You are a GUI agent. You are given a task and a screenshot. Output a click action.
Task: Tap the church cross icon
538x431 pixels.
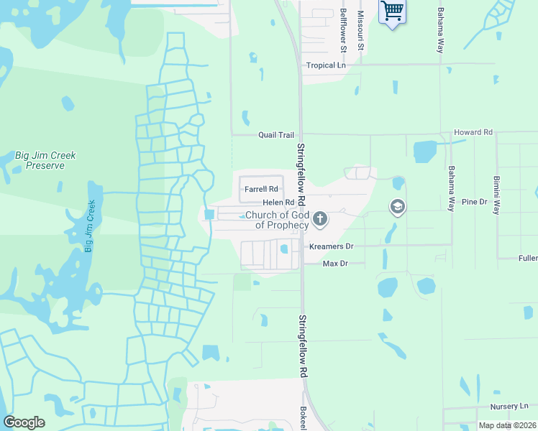coord(320,218)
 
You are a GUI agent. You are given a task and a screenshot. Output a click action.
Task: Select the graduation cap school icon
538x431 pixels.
coord(396,208)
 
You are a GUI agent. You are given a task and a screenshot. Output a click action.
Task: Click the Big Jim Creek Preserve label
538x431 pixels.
coord(45,160)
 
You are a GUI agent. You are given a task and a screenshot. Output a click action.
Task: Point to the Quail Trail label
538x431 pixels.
coord(277,135)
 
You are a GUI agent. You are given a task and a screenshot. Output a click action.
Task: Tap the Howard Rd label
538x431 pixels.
coord(473,133)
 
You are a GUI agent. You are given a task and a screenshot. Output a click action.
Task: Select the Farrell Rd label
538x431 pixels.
coord(261,190)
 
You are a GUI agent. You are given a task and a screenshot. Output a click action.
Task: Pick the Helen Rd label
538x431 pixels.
coord(278,203)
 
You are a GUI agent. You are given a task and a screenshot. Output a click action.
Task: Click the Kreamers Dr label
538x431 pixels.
coord(331,246)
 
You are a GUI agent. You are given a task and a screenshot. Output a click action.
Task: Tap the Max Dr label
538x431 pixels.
coord(335,264)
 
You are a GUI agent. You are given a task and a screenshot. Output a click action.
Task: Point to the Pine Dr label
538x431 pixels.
coord(475,203)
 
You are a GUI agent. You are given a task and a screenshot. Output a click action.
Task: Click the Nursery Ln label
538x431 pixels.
coord(509,407)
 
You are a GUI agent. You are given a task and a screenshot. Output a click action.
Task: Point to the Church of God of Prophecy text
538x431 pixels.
coord(277,220)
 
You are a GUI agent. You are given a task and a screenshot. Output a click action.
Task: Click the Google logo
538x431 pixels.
coord(24,422)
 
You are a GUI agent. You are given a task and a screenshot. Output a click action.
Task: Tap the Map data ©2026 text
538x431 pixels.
coord(507,425)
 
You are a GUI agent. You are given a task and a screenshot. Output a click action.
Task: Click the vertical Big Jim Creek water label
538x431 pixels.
coord(90,226)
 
